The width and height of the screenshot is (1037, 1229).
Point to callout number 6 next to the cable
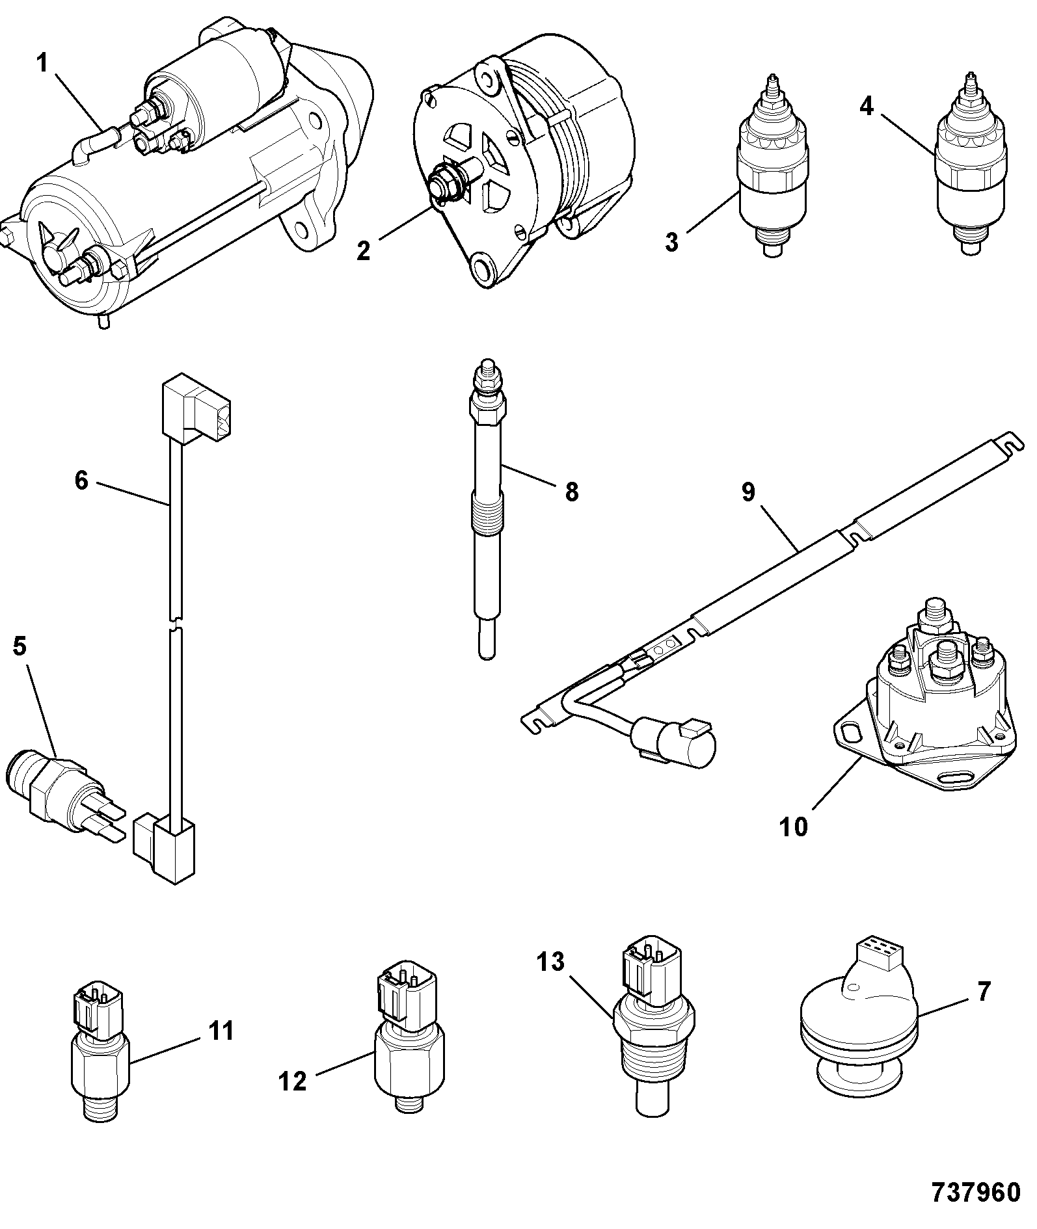pyautogui.click(x=81, y=481)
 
